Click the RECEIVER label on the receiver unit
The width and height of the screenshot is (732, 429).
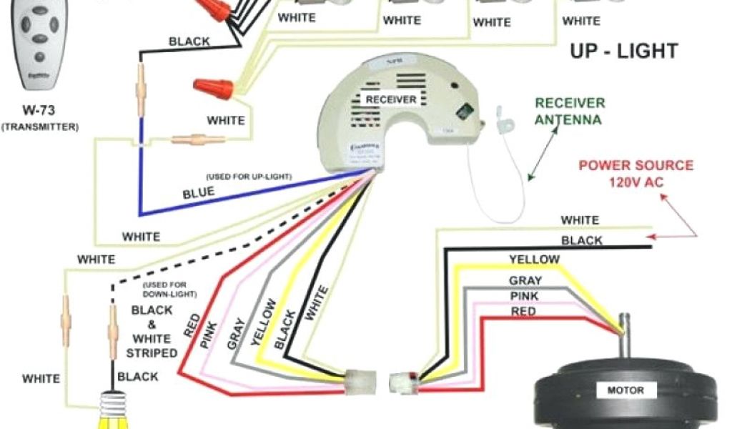click(390, 99)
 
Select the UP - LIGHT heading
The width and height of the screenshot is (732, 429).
click(623, 51)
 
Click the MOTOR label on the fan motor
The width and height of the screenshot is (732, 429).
click(625, 390)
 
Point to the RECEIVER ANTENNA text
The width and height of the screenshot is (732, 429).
click(570, 112)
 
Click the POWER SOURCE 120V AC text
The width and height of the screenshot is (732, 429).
click(635, 174)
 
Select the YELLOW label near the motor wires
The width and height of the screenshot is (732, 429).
click(534, 259)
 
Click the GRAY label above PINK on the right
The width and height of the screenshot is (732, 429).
click(525, 280)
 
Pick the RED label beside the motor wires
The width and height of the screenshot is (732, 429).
click(523, 312)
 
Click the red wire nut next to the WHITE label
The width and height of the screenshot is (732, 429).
click(214, 89)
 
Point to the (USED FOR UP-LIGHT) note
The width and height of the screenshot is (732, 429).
click(249, 176)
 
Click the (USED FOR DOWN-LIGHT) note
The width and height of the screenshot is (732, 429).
click(169, 289)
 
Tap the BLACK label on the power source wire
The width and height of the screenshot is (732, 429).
click(581, 241)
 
